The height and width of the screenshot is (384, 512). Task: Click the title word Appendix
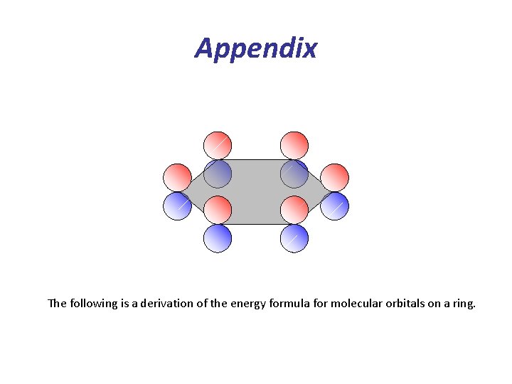tap(256, 49)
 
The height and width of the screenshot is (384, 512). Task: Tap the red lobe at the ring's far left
tap(177, 177)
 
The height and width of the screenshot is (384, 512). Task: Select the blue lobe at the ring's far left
tap(177, 206)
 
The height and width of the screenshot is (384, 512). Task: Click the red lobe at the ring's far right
tap(335, 177)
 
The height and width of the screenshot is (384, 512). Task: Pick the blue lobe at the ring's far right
tap(335, 206)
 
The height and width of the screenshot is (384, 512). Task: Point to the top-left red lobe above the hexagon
tap(218, 145)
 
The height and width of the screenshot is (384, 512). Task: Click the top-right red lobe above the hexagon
tap(294, 145)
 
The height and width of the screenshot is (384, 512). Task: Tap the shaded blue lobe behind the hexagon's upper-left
tap(218, 174)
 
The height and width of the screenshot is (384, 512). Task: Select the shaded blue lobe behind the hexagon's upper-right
tap(294, 174)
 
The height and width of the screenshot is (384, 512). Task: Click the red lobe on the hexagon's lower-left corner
tap(218, 210)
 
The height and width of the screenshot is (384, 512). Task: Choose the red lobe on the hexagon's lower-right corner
tap(294, 210)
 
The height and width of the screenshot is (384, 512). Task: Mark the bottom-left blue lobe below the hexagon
tap(218, 238)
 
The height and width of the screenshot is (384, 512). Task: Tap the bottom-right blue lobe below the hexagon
tap(294, 238)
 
